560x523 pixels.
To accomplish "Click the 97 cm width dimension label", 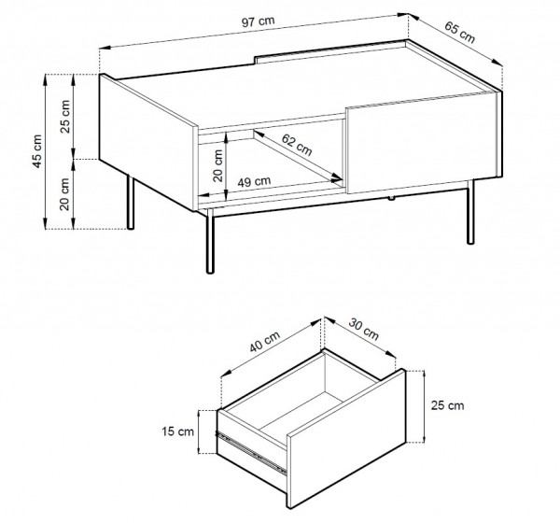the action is point(259,21).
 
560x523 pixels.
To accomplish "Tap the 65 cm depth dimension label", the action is point(459,32).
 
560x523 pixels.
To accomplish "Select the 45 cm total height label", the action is point(36,151).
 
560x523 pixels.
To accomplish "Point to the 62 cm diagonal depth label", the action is point(297,145).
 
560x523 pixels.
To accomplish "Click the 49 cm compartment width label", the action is point(254,181).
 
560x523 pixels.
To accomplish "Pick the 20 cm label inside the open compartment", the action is point(217,165).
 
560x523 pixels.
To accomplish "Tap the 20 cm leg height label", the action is point(64,194).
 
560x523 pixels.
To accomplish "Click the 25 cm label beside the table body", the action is point(65,117).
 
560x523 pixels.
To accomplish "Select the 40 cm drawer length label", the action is point(265,342).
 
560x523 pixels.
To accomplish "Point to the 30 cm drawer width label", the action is point(363,330).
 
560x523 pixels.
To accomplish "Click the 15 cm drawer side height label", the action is point(177,431).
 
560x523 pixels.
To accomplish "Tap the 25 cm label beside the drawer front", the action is point(447,405).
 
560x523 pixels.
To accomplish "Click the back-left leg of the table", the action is point(131,202).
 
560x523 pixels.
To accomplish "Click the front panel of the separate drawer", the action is point(346,438).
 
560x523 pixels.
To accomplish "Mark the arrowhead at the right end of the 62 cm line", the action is point(337,177).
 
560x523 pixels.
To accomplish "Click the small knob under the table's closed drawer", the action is point(392,198).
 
